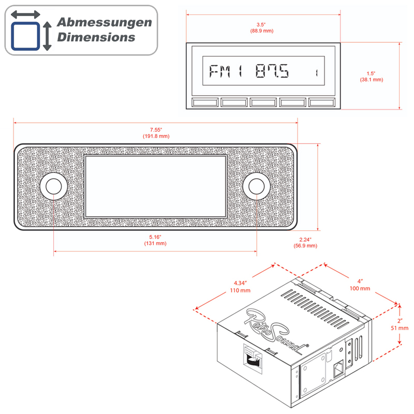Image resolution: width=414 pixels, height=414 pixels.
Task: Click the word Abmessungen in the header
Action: point(105,23)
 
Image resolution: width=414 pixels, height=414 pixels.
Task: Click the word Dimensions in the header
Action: point(96,37)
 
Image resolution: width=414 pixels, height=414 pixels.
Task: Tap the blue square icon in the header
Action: point(25,36)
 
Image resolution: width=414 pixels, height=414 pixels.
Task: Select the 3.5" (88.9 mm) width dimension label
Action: point(262,28)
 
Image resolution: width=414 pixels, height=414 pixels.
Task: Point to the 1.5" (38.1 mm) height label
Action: point(371,77)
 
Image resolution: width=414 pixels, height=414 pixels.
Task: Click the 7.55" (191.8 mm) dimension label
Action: point(156,133)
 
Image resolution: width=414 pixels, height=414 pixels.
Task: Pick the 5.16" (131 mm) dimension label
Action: point(155,240)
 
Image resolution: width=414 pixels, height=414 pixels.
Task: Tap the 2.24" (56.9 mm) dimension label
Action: point(305,243)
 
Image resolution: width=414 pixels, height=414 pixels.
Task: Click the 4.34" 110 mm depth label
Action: point(240,287)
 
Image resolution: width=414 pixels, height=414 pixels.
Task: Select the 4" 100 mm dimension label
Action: point(360,285)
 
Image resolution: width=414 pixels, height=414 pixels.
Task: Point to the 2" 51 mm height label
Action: point(400,324)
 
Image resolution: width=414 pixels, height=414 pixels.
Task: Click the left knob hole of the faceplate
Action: point(54,186)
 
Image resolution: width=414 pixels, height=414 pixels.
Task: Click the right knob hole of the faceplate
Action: point(256,186)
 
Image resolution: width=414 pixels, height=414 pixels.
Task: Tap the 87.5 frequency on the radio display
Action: point(272,71)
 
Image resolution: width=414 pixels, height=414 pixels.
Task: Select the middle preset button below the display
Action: point(263,102)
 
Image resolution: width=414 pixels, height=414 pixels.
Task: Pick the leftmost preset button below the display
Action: point(205,102)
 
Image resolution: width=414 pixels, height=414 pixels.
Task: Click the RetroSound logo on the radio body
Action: point(276,331)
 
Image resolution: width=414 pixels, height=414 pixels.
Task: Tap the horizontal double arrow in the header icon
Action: point(25,14)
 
